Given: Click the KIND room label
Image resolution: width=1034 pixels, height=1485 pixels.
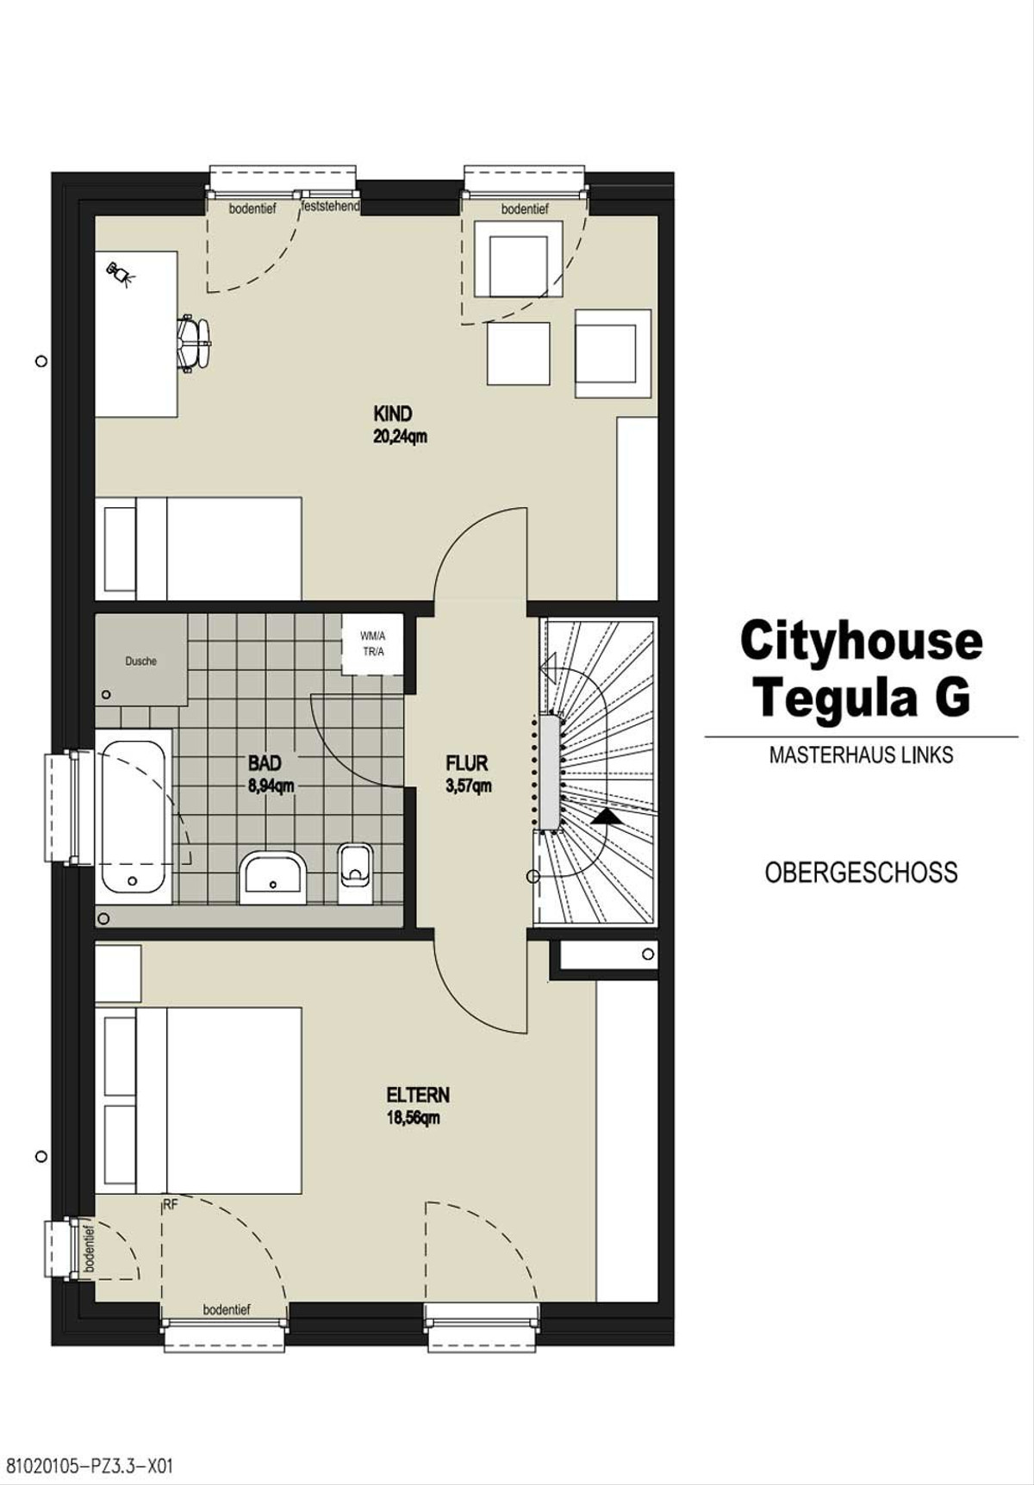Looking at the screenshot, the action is (393, 413).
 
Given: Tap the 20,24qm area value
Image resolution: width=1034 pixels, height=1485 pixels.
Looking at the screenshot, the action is (400, 437).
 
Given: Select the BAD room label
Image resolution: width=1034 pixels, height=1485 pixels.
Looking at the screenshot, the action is (265, 763).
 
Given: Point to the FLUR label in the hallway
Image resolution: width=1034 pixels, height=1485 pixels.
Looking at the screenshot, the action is (467, 763).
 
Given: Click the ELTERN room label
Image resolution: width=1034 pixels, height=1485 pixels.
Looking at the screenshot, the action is (418, 1096).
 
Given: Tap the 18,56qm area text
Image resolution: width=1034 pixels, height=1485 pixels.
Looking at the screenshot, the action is (414, 1118).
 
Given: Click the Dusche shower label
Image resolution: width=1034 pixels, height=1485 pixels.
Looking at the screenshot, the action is (141, 662).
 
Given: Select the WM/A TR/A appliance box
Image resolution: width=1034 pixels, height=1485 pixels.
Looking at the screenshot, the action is (372, 644).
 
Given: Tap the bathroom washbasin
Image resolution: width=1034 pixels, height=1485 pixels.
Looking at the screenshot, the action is (273, 875).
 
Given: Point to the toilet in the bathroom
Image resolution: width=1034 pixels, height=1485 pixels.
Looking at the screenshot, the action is (355, 872).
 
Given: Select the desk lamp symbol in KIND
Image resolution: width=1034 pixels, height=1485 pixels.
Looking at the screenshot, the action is (121, 275).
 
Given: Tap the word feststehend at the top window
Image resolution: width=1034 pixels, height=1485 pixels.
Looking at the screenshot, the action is (331, 207).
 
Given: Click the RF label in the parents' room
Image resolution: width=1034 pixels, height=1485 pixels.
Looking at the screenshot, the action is (170, 1205).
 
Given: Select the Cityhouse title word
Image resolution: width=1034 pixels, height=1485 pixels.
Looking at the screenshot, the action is (861, 643).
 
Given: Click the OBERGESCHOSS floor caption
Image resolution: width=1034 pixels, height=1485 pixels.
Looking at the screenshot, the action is (861, 873).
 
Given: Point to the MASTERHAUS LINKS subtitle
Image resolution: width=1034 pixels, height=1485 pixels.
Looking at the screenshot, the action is (861, 755).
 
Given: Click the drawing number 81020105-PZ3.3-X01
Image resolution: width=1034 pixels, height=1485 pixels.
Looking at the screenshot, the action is (90, 1465).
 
